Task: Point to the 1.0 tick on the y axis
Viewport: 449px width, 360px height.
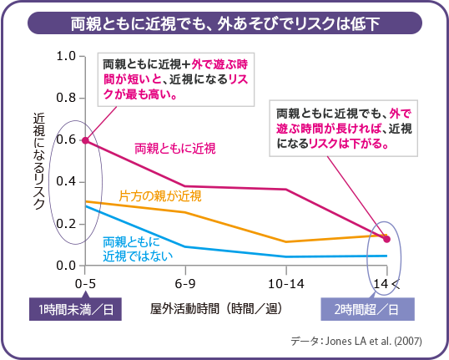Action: (66, 57)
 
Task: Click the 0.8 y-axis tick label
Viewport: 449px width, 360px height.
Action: (66, 99)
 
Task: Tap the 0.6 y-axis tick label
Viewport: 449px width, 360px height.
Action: (66, 140)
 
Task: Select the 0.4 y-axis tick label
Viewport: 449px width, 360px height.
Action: (66, 182)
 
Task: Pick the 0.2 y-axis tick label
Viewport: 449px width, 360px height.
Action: (66, 224)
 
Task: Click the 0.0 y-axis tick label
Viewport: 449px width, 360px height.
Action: (66, 266)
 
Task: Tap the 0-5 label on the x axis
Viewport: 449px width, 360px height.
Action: (85, 284)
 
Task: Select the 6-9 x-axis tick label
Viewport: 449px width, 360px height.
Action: (184, 284)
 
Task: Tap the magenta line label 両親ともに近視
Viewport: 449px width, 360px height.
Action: (175, 148)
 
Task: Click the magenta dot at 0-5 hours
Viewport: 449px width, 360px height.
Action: (85, 140)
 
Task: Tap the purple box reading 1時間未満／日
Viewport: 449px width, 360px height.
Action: (74, 310)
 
